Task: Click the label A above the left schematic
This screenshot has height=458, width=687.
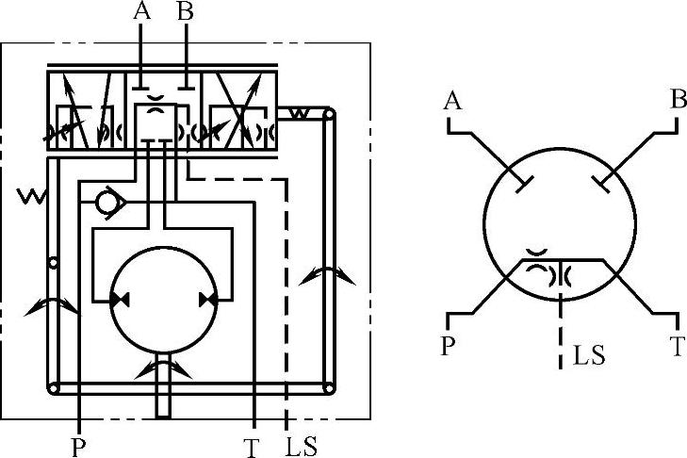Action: pyautogui.click(x=142, y=11)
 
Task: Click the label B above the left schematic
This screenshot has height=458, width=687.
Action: pyautogui.click(x=187, y=11)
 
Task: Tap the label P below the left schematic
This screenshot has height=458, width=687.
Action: pyautogui.click(x=78, y=447)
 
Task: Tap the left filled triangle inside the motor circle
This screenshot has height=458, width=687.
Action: pyautogui.click(x=120, y=301)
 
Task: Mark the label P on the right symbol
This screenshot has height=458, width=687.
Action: pyautogui.click(x=449, y=345)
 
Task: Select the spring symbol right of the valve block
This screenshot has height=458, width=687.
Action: pyautogui.click(x=299, y=114)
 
